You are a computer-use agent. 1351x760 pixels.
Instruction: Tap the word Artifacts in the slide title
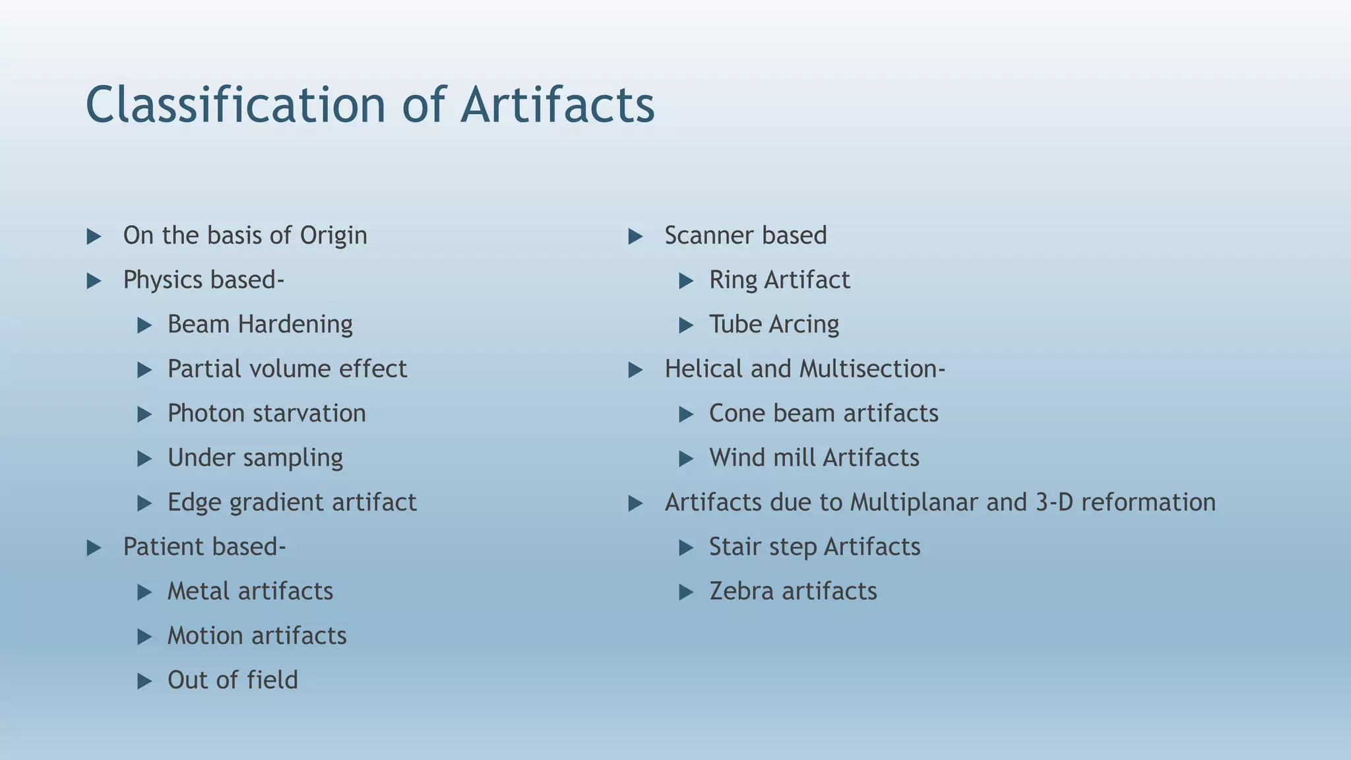click(557, 106)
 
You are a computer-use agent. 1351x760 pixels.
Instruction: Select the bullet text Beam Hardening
click(260, 325)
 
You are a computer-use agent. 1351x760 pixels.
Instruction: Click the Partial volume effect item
click(287, 369)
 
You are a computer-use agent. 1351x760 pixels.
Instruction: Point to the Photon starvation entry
click(267, 414)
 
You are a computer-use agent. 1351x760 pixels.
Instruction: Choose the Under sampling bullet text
click(255, 458)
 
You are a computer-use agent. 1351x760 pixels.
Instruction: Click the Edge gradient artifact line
click(292, 503)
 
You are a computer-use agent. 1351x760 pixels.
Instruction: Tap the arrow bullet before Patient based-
click(94, 548)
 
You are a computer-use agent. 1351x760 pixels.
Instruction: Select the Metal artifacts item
click(250, 591)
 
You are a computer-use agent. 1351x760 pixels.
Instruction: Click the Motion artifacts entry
click(257, 636)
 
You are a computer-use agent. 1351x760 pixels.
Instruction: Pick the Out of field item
click(232, 680)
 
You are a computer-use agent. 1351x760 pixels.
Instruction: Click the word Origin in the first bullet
click(333, 236)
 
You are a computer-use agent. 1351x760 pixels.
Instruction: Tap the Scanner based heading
click(745, 236)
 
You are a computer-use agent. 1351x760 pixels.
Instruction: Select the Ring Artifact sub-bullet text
click(779, 280)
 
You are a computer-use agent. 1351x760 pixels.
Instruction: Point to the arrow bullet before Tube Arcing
click(686, 325)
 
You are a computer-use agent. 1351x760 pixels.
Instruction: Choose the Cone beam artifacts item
click(823, 414)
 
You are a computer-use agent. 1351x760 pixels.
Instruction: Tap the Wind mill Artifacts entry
click(814, 458)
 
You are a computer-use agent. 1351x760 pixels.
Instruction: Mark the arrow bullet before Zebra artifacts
click(686, 592)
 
